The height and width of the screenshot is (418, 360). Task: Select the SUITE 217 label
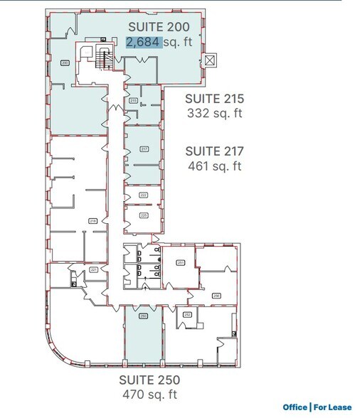click(x=214, y=151)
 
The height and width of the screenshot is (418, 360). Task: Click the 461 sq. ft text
click(x=214, y=166)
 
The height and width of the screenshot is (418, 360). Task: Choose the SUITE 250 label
click(x=149, y=379)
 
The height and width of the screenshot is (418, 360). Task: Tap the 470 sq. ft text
click(x=149, y=394)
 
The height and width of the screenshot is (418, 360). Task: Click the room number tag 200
click(x=65, y=63)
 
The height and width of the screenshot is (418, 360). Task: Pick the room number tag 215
click(x=132, y=102)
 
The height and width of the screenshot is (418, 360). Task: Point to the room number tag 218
click(x=92, y=222)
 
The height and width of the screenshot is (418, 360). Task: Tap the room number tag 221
click(x=94, y=270)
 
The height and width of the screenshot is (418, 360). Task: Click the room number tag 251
click(x=181, y=263)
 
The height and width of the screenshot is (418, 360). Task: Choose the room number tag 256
click(x=216, y=295)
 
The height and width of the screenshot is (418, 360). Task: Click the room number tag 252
click(x=187, y=313)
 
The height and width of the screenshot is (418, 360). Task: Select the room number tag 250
click(x=142, y=316)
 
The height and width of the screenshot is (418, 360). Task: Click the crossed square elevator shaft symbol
click(x=208, y=60)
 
